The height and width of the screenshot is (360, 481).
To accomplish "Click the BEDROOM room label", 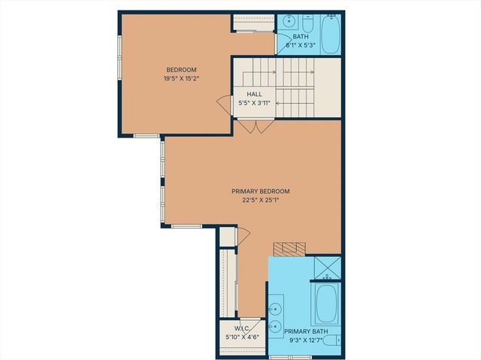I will point(181,69).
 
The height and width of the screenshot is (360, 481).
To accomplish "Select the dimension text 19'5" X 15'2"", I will point(181,78).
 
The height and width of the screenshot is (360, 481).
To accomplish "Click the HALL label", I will point(255,94).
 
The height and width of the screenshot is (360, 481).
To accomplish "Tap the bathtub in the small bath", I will point(331,35).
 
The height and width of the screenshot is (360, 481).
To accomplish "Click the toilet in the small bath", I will point(309,20).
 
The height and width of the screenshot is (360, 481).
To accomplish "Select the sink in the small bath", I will point(289,21).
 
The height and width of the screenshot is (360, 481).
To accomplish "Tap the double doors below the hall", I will point(256,126).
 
